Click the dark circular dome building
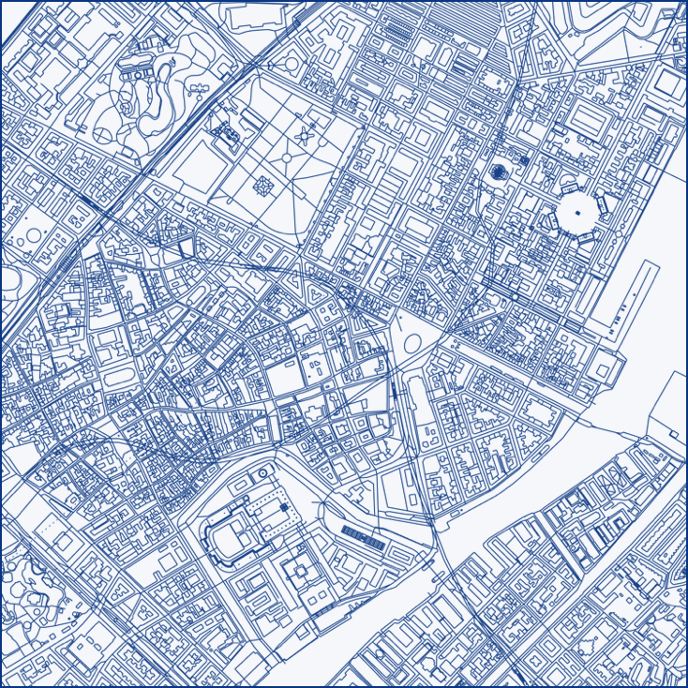[x=500, y=171]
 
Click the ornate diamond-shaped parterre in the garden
[x=263, y=186]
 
